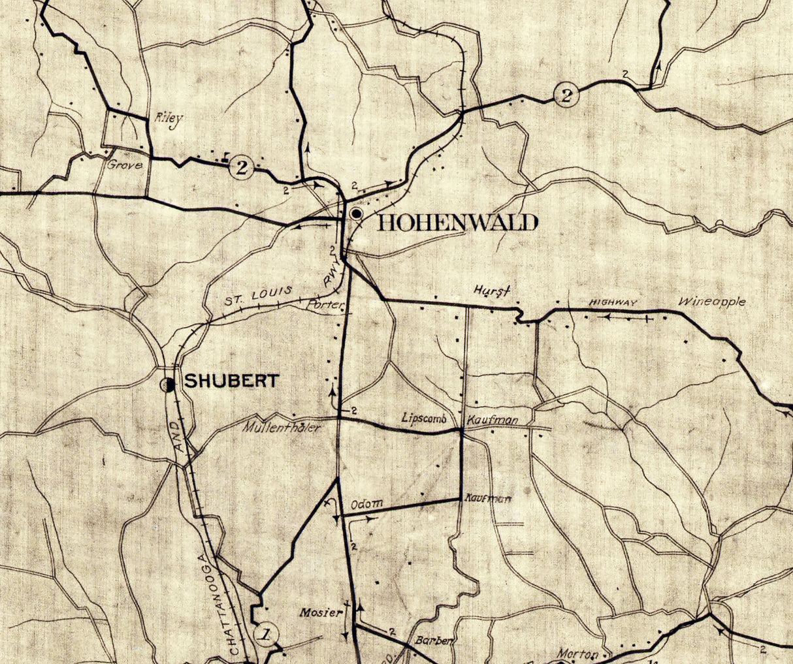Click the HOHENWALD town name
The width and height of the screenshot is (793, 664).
(x=458, y=223)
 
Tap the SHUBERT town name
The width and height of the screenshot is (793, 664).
(x=231, y=381)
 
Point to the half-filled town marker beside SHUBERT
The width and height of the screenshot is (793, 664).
(x=169, y=385)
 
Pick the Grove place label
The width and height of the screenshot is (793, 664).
(x=125, y=165)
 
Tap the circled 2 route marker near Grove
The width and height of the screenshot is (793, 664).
(x=242, y=167)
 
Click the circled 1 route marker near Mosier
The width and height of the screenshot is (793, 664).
(x=265, y=633)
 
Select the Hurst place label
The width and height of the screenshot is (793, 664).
(x=492, y=292)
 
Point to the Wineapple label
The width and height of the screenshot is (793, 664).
(x=711, y=302)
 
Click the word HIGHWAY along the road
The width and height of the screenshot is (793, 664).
(x=613, y=302)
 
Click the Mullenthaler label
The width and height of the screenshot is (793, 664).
(x=282, y=428)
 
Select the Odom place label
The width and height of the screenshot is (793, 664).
(x=366, y=505)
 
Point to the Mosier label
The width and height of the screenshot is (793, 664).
(x=321, y=612)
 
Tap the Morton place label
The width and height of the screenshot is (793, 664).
(x=578, y=653)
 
